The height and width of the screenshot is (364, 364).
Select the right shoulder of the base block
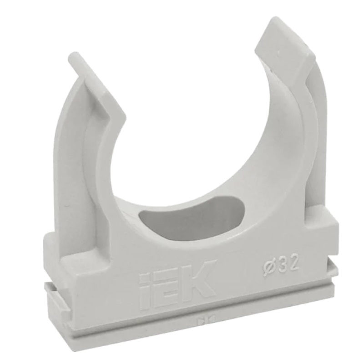(x=325, y=218)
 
